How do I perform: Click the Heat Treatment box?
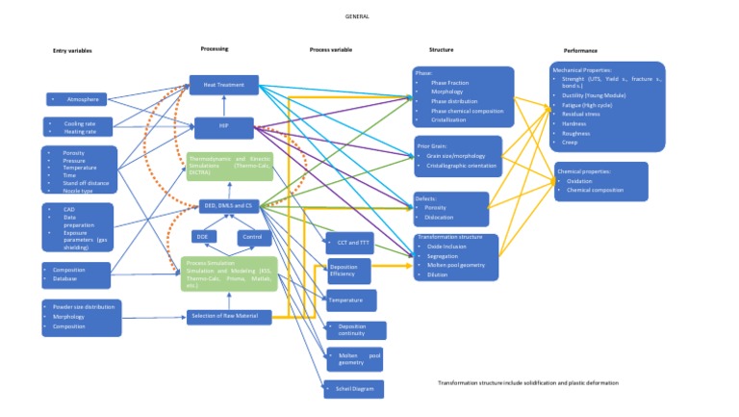[x=223, y=85]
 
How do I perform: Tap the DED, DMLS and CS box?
[x=223, y=204]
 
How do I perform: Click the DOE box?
[x=203, y=236]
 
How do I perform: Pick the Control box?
[x=251, y=236]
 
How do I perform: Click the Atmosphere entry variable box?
[x=82, y=99]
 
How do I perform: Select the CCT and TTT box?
[x=349, y=241]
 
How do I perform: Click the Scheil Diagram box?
[x=353, y=389]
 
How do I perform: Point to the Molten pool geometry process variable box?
[x=353, y=359]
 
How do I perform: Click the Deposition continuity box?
[x=353, y=330]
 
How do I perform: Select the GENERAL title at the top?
[x=356, y=16]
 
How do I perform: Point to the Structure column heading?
[x=441, y=49]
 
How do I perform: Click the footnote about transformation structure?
[x=527, y=382]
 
